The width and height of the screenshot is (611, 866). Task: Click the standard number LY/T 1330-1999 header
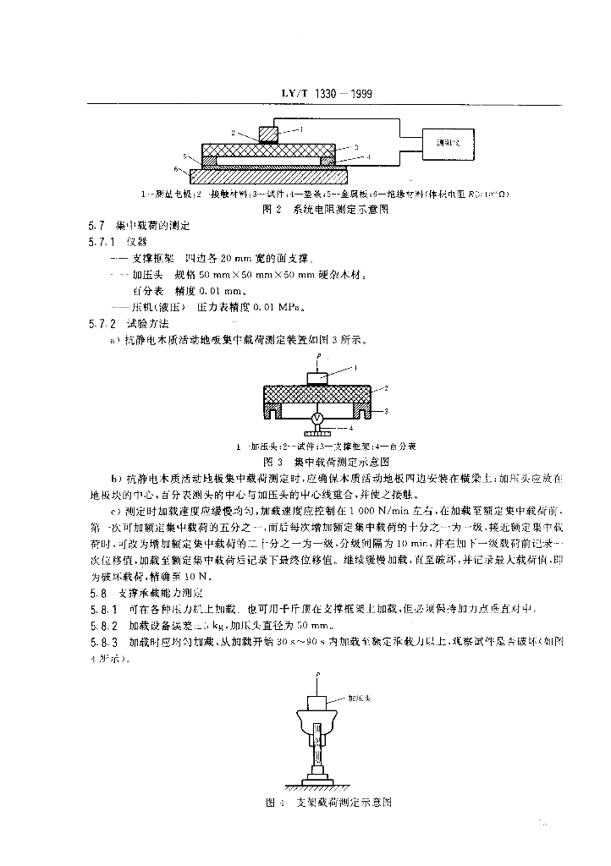pos(325,95)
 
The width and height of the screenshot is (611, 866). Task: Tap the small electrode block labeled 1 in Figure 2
pos(267,134)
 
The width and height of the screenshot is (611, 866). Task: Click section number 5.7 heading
pos(95,226)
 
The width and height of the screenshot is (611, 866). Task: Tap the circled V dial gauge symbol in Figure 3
pos(317,419)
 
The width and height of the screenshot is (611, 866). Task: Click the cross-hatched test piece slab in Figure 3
pos(318,394)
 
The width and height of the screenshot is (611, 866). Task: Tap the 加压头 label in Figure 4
pos(359,700)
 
